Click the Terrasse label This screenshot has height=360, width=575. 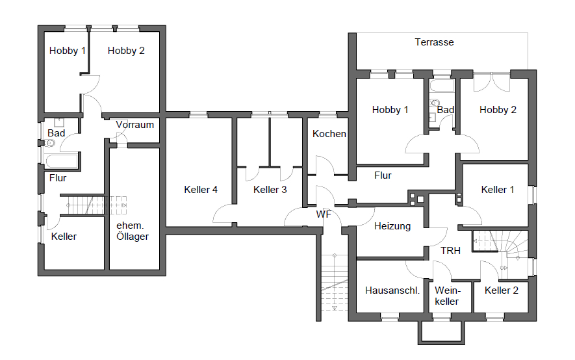434,42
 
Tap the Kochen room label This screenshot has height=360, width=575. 329,134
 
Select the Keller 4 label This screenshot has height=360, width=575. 201,190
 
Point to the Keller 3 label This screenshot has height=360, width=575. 270,190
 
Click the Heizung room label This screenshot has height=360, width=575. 392,226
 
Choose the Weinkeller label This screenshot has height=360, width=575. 447,296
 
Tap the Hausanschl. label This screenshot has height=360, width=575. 392,290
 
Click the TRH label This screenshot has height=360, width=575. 450,251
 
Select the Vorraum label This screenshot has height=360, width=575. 134,125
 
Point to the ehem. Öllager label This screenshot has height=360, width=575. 133,231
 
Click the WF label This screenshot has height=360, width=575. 324,214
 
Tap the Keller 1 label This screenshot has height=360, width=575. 497,190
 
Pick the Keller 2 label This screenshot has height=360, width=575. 502,290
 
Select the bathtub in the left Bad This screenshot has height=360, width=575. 62,161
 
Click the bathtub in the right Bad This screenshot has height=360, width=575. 442,86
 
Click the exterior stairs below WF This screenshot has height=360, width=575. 335,281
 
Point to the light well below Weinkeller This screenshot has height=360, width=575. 442,333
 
